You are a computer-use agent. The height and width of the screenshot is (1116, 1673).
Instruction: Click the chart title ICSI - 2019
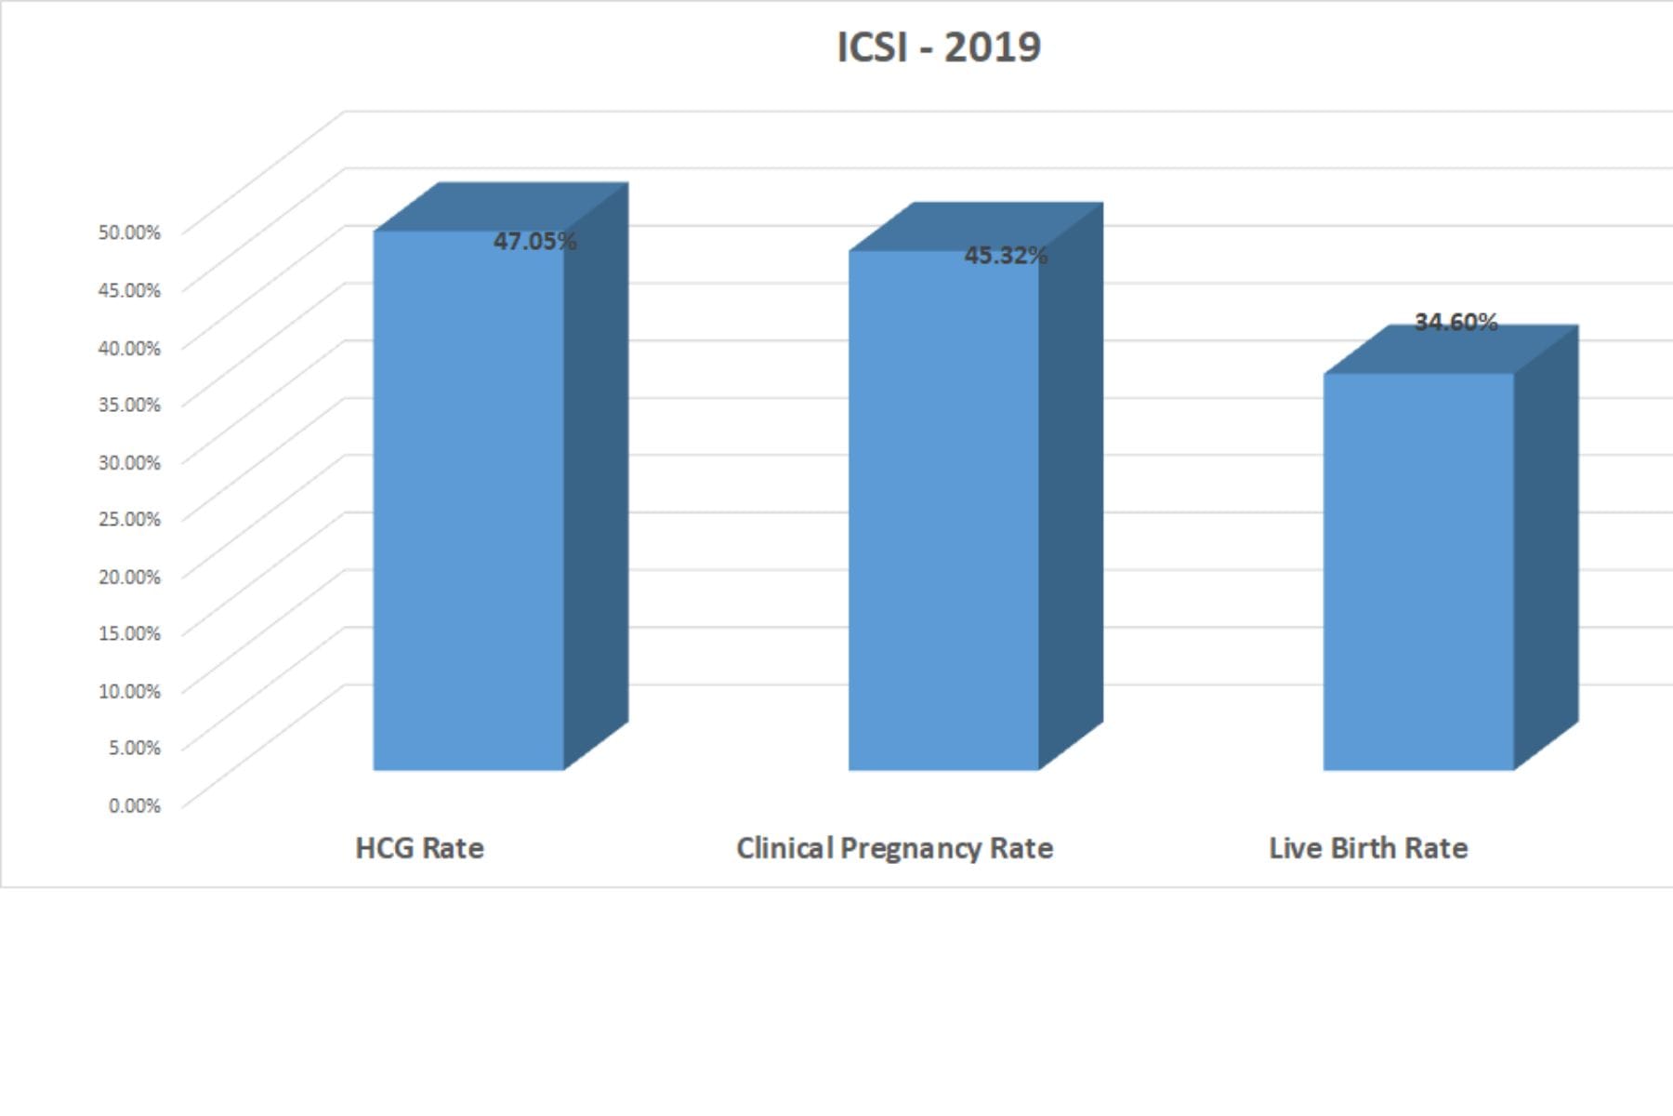pos(939,47)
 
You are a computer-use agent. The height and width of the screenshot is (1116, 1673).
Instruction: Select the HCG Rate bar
pos(468,502)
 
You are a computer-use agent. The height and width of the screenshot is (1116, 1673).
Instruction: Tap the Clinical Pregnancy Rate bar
pos(943,511)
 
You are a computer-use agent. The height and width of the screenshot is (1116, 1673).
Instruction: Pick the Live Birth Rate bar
pos(1418,572)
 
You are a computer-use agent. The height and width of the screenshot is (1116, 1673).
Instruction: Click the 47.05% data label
pos(534,242)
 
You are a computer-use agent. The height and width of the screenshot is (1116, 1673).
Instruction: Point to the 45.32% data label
pos(1006,256)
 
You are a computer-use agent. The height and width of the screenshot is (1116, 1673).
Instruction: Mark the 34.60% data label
pos(1456,323)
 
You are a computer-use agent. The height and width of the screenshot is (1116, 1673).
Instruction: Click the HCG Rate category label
pos(419,848)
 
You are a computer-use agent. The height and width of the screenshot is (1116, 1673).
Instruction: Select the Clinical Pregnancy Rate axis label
pos(894,848)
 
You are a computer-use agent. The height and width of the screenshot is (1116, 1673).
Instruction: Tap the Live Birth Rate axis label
pos(1368,848)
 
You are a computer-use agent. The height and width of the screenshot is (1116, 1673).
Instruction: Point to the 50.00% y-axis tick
pos(129,232)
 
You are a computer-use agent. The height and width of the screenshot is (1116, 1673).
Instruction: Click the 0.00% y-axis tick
pos(135,805)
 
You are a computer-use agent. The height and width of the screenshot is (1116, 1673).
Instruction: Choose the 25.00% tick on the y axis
pos(129,519)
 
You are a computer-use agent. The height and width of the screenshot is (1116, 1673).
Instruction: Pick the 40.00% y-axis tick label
pos(129,348)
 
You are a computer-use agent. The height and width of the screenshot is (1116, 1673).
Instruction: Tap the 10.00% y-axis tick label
pos(129,691)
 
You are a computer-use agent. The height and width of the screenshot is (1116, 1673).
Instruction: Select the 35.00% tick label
pos(129,405)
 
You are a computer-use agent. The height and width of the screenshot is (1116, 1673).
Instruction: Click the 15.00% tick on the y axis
pos(129,633)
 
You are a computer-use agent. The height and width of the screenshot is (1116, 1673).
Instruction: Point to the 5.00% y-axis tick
pos(135,748)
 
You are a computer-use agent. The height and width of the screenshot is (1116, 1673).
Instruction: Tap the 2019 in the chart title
pos(993,47)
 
